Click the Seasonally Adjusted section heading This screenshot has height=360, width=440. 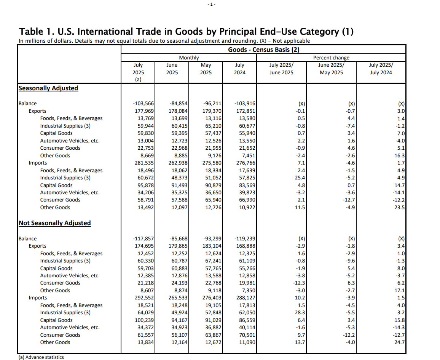click(48, 88)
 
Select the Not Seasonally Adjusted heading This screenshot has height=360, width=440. click(54, 223)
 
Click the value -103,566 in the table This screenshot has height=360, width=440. click(143, 104)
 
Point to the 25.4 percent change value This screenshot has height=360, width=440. click(300, 178)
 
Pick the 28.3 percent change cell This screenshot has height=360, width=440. click(300, 313)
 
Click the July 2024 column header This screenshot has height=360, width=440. click(240, 69)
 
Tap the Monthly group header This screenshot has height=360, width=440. click(189, 58)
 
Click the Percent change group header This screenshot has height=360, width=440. click(331, 58)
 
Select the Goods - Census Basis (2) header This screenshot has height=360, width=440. click(263, 50)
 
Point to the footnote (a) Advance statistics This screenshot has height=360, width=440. click(41, 357)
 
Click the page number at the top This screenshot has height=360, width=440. click(212, 4)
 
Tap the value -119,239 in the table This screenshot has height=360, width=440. click(243, 239)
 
